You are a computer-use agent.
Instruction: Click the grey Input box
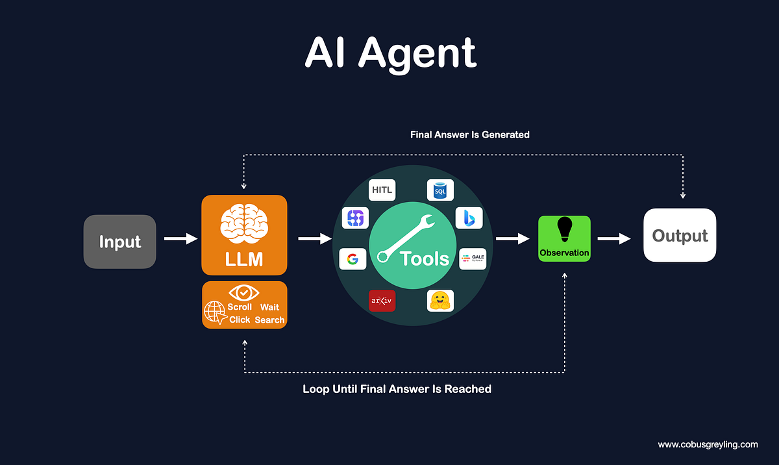[119, 242]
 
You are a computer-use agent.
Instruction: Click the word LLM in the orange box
[244, 259]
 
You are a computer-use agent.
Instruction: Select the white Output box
[680, 235]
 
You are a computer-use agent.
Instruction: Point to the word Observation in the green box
[564, 253]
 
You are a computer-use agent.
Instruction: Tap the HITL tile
[382, 190]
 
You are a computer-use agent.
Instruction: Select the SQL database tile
[440, 190]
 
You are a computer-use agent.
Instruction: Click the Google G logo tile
[352, 258]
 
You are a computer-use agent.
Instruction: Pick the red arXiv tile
[382, 301]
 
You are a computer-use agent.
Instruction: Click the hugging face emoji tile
[440, 301]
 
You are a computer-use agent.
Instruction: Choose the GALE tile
[473, 258]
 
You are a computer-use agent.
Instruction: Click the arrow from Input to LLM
[180, 240]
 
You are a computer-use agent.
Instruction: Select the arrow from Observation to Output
[613, 239]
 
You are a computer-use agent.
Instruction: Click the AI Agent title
[390, 53]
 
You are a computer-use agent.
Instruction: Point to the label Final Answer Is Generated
[470, 135]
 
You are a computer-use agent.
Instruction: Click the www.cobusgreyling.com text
[708, 445]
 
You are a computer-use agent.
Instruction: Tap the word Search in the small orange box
[269, 320]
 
